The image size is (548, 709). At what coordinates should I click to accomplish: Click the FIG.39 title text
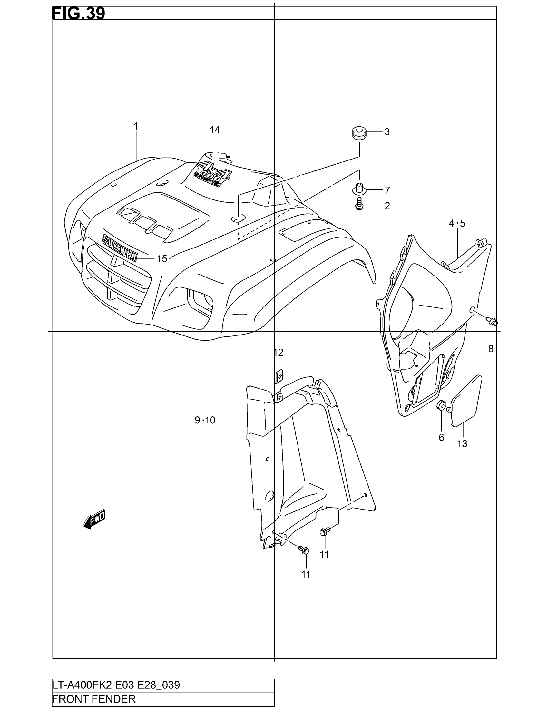(79, 14)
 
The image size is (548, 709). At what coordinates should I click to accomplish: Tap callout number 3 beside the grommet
(387, 132)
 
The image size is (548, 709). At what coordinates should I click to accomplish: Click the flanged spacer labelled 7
(359, 189)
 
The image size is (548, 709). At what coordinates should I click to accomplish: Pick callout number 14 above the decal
(215, 130)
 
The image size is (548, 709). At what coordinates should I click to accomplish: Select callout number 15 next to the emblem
(162, 259)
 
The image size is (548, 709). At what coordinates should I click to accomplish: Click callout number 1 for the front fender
(136, 126)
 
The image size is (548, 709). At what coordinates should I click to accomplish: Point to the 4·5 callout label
(457, 223)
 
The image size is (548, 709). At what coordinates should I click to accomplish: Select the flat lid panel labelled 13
(466, 401)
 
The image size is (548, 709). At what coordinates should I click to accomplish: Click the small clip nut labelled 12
(279, 376)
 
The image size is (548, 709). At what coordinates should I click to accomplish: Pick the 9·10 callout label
(205, 420)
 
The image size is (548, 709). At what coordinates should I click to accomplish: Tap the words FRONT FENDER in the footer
(94, 699)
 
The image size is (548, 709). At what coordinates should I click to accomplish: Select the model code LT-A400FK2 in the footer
(82, 685)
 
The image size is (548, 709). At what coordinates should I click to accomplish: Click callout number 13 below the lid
(462, 443)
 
